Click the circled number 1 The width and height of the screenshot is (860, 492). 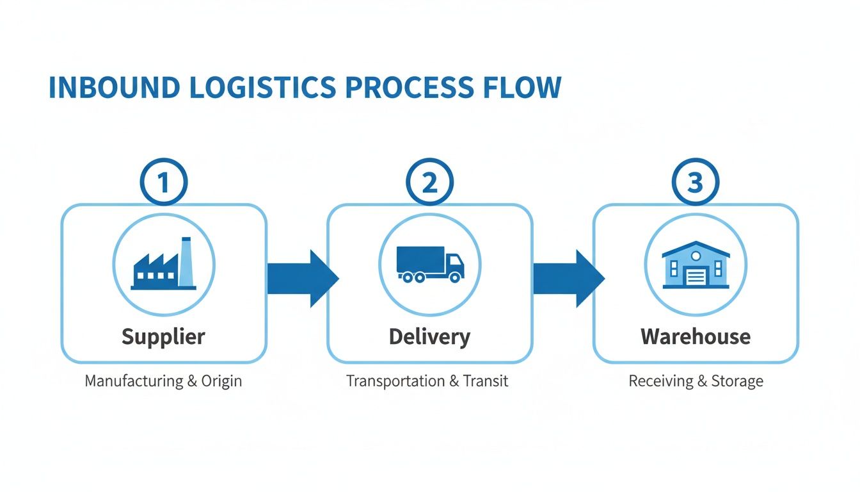(x=163, y=183)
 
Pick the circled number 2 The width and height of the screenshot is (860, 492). (x=429, y=183)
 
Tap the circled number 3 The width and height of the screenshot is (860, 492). (x=696, y=183)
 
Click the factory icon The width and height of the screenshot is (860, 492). (x=163, y=265)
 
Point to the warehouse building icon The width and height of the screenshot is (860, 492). (x=696, y=265)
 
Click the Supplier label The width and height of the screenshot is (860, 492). (x=163, y=336)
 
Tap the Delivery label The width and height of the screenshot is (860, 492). (x=429, y=336)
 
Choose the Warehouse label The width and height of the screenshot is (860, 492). (x=696, y=336)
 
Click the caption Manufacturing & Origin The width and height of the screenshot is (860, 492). (x=163, y=381)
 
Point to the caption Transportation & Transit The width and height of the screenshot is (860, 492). (x=427, y=381)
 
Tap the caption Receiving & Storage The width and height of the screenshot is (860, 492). (x=696, y=381)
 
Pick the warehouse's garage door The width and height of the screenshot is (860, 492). (x=696, y=277)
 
